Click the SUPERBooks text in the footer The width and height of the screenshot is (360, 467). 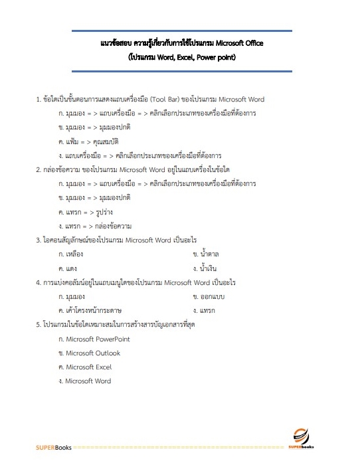(54, 448)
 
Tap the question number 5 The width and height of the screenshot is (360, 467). (38, 325)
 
